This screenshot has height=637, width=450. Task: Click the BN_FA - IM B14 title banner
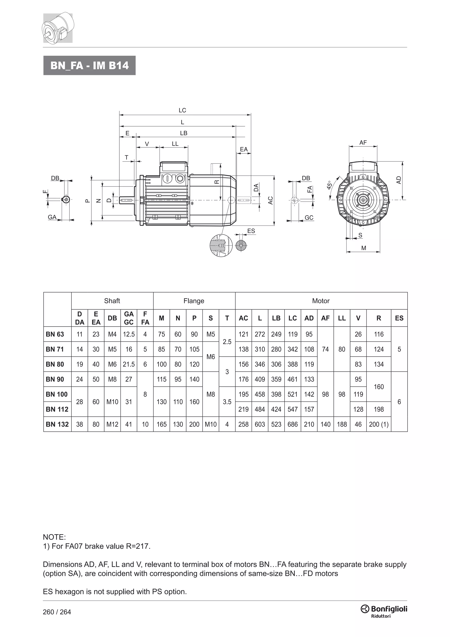click(89, 66)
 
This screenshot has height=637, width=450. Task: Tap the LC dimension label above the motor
click(182, 110)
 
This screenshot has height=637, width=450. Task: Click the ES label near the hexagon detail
click(251, 231)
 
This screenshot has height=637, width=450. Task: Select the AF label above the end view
click(363, 143)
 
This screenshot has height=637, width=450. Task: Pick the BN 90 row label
click(55, 379)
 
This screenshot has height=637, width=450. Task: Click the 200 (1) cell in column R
click(379, 424)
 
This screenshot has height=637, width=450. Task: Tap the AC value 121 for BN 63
click(243, 334)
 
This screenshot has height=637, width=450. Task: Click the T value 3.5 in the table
click(227, 402)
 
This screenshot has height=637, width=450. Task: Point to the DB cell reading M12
click(112, 424)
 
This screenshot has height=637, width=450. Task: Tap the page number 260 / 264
click(57, 612)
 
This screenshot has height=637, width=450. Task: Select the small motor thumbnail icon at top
click(58, 28)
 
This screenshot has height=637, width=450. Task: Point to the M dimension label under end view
click(364, 248)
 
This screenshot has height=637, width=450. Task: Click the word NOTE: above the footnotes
click(54, 537)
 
